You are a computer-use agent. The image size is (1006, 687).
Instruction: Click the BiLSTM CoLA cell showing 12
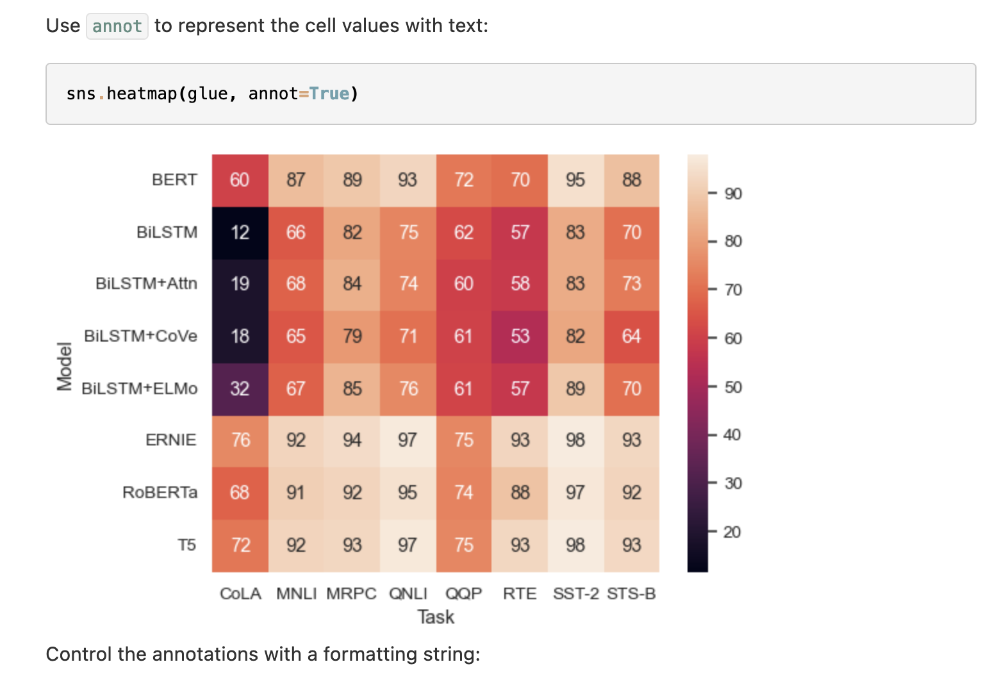(240, 232)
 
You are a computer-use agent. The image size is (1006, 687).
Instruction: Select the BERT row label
(174, 180)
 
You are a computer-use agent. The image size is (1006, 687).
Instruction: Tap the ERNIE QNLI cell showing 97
(408, 440)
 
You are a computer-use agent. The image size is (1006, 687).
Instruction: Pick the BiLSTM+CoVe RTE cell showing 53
(520, 336)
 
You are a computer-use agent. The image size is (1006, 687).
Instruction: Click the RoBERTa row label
(160, 493)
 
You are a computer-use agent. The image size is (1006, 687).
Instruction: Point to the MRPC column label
(351, 594)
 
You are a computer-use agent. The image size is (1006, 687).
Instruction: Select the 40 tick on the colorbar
(732, 435)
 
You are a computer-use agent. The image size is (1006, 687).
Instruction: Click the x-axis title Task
(436, 617)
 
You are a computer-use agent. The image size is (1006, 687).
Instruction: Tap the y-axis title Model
(64, 367)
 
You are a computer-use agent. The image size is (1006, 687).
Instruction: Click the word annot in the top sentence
(117, 26)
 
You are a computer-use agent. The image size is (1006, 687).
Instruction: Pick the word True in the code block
(329, 94)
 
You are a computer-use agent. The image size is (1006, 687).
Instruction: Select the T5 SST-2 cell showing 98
(575, 545)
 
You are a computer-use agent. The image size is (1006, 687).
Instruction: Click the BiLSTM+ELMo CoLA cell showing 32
(240, 389)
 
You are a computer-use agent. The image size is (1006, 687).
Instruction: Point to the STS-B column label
(631, 594)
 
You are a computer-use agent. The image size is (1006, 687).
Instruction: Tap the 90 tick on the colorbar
(732, 194)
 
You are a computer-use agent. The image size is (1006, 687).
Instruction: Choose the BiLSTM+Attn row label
(146, 284)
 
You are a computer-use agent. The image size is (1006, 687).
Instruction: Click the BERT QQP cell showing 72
(464, 180)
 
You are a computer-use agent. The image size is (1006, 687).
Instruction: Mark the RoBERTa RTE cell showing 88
(520, 493)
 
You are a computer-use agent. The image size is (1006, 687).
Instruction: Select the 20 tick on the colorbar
(732, 532)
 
